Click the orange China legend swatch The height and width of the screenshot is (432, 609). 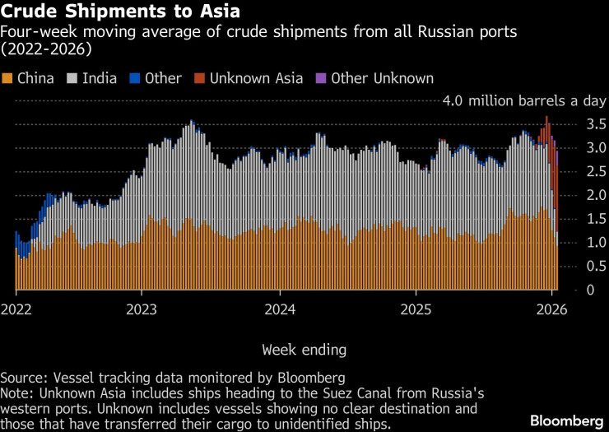pos(7,78)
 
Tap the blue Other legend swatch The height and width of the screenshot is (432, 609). pos(135,78)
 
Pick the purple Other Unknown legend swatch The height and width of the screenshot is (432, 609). pos(322,78)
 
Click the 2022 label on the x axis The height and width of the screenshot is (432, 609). pos(16,309)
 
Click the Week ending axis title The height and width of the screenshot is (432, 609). pos(304,350)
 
